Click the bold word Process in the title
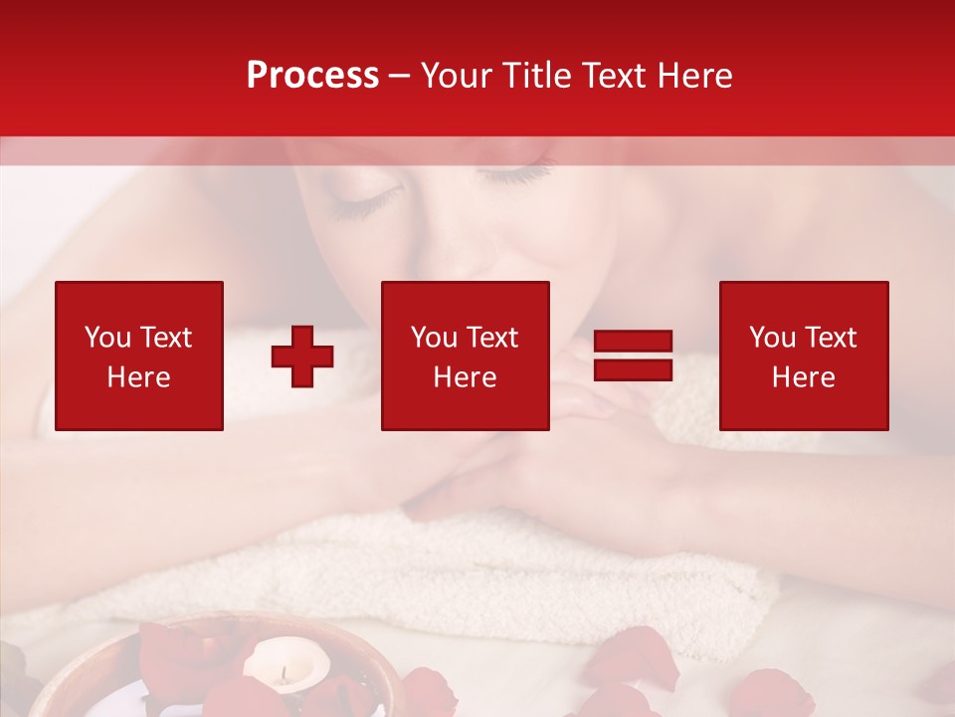tap(312, 76)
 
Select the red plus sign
tap(302, 356)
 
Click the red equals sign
tap(633, 356)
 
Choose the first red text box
tap(139, 356)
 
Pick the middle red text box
tap(465, 356)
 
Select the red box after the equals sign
tap(803, 356)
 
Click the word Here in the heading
tap(695, 76)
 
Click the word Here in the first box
tap(139, 377)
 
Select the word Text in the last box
tap(829, 338)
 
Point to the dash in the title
tap(400, 77)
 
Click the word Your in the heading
tap(459, 76)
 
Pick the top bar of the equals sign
tap(633, 342)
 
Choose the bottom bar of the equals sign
tap(633, 369)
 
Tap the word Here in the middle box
tap(465, 377)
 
